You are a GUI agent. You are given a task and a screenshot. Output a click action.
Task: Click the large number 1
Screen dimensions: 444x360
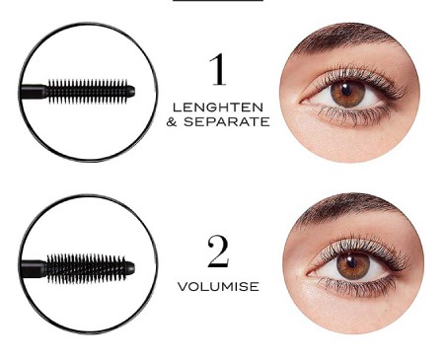coord(218,70)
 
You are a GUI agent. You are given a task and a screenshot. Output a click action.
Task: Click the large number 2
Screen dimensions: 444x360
coord(218,252)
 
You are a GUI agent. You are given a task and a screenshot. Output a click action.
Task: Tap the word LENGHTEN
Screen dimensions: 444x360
coord(218,108)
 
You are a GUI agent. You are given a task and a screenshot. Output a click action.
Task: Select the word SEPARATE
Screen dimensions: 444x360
coord(227,121)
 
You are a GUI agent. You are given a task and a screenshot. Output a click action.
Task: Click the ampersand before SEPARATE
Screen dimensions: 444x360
coord(172,122)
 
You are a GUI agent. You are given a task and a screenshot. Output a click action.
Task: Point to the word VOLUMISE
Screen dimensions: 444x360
coord(218,286)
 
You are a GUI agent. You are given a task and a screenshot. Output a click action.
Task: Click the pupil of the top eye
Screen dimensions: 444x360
coord(346,90)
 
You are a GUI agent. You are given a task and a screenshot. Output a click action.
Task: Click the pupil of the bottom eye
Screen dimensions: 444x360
coord(351,262)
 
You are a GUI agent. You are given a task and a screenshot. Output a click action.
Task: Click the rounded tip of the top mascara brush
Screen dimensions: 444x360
coord(131,92)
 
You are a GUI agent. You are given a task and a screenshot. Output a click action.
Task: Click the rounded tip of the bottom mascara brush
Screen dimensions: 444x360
coord(131,268)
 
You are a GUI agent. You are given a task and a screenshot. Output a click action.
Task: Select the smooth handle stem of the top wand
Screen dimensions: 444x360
coord(34,92)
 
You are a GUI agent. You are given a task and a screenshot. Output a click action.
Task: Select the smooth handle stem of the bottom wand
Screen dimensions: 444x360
coord(33,268)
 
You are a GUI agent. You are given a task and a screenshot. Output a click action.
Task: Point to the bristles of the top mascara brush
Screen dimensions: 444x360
coord(88,92)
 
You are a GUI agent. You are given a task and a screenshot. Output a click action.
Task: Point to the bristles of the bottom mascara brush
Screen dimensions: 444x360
coord(86,268)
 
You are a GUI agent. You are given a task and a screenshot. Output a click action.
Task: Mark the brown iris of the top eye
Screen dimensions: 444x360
coord(347,93)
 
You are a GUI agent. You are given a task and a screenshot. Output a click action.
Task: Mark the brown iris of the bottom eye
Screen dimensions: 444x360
coord(353,265)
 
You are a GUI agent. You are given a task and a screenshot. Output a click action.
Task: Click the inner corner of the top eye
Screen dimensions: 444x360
coord(302,103)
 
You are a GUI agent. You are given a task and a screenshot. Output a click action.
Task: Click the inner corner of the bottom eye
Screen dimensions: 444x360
coord(309,274)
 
